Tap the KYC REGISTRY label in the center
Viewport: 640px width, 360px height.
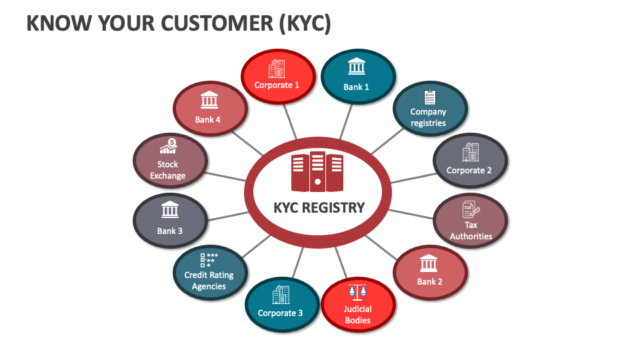click(319, 207)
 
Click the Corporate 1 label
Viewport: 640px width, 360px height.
click(277, 85)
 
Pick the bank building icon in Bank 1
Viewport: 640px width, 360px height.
click(357, 67)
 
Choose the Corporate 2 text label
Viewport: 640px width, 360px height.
click(469, 170)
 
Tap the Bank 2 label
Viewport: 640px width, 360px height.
click(430, 281)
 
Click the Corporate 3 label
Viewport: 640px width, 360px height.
click(281, 313)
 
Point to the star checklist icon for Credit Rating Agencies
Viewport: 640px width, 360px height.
click(209, 260)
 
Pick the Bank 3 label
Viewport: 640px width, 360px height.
click(170, 231)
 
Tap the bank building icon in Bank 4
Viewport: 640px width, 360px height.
click(209, 101)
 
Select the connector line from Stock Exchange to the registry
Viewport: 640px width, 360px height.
click(226, 176)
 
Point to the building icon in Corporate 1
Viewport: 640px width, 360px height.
click(277, 68)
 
